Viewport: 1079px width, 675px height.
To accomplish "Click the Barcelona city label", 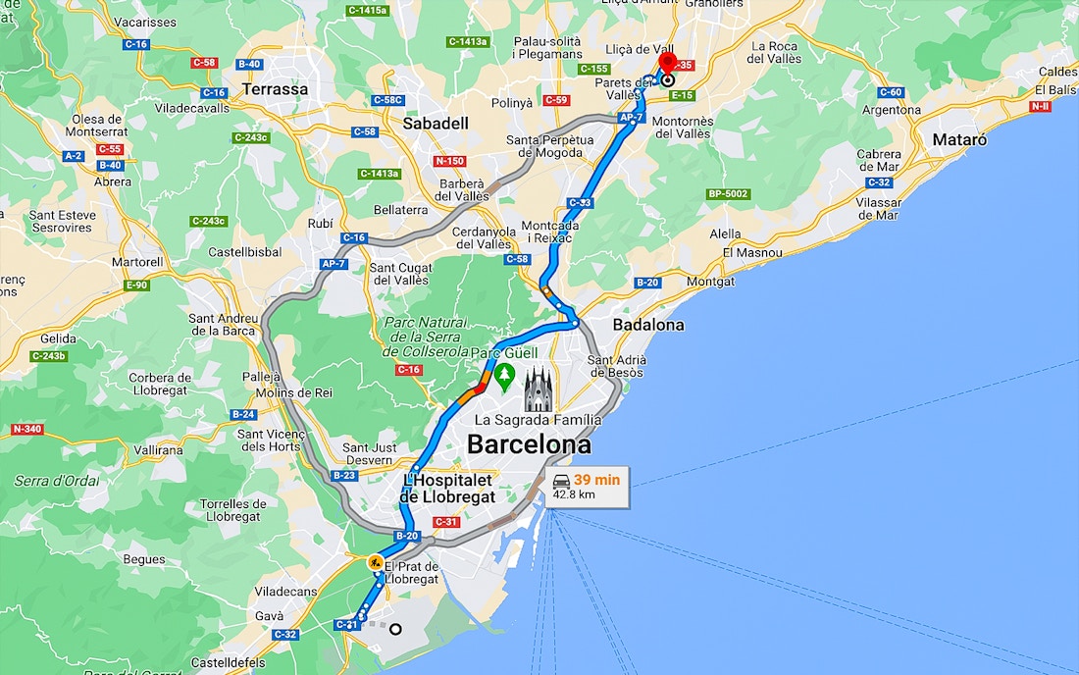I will (x=529, y=444).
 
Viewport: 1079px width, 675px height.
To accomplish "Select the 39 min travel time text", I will (x=596, y=480).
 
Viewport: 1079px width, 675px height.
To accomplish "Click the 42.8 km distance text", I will (x=574, y=495).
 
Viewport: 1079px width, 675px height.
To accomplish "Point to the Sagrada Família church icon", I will (x=539, y=390).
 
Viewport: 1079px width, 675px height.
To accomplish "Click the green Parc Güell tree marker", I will (x=505, y=375).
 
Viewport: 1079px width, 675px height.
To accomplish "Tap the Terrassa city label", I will (x=276, y=89).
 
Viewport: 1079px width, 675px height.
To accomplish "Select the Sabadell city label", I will (x=436, y=123).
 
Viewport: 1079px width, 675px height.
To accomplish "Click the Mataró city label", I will (x=959, y=140).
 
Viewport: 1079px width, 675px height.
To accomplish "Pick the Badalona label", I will (x=648, y=325).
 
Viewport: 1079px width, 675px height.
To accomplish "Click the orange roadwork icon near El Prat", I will (x=375, y=563).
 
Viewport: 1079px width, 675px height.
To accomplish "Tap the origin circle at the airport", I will (x=395, y=629).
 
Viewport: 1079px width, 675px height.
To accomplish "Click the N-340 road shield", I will (x=26, y=430).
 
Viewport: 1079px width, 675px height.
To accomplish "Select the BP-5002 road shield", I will (x=729, y=194).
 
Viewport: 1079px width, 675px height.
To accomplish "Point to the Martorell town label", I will (x=137, y=263).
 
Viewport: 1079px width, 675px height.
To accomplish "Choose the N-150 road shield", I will (x=449, y=161).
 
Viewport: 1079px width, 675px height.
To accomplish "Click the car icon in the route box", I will (x=561, y=480).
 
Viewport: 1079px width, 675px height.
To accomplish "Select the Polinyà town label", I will (x=539, y=102).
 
